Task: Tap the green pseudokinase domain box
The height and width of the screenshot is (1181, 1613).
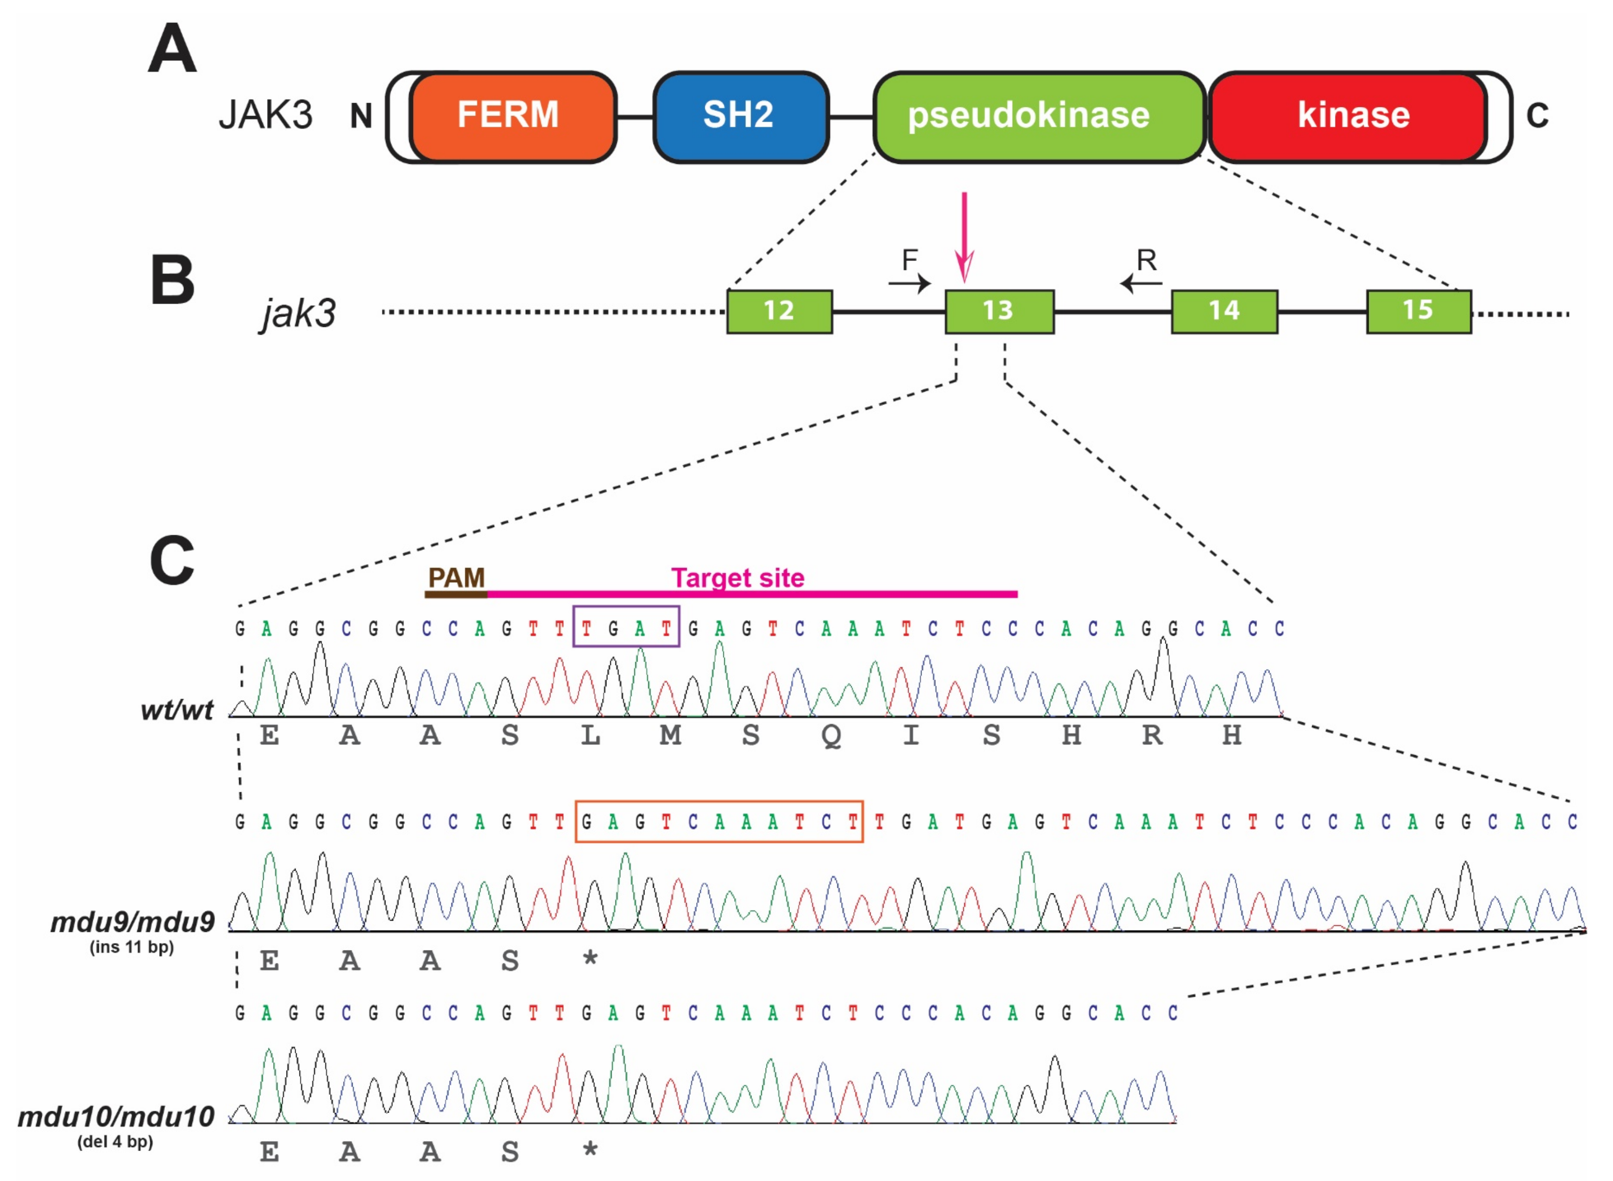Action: (x=1038, y=116)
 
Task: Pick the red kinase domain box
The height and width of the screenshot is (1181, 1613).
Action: (x=1347, y=116)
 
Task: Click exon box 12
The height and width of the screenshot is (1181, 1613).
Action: (x=779, y=311)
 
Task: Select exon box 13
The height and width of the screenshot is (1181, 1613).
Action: (x=999, y=311)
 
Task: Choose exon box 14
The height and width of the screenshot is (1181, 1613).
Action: (x=1224, y=311)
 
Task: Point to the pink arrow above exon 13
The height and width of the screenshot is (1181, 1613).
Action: (x=964, y=236)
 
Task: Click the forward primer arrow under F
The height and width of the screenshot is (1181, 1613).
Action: (x=910, y=284)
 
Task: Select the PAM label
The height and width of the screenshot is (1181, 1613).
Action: (x=456, y=577)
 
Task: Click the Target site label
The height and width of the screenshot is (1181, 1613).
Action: (x=738, y=577)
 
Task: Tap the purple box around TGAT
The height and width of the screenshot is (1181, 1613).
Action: (x=626, y=626)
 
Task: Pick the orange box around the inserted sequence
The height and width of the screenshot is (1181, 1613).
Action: (x=719, y=821)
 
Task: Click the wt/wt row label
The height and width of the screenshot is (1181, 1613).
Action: (x=177, y=710)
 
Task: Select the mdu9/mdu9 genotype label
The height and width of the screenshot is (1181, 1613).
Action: (x=133, y=922)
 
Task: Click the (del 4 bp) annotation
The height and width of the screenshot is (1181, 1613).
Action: (x=115, y=1142)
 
